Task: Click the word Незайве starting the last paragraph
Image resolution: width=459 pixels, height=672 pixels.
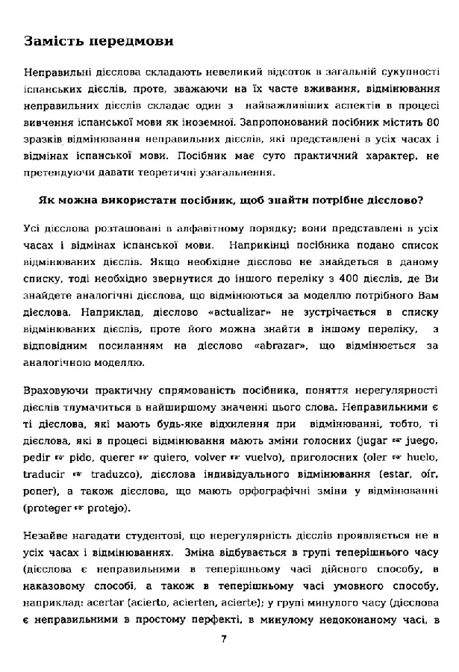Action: pos(46,535)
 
